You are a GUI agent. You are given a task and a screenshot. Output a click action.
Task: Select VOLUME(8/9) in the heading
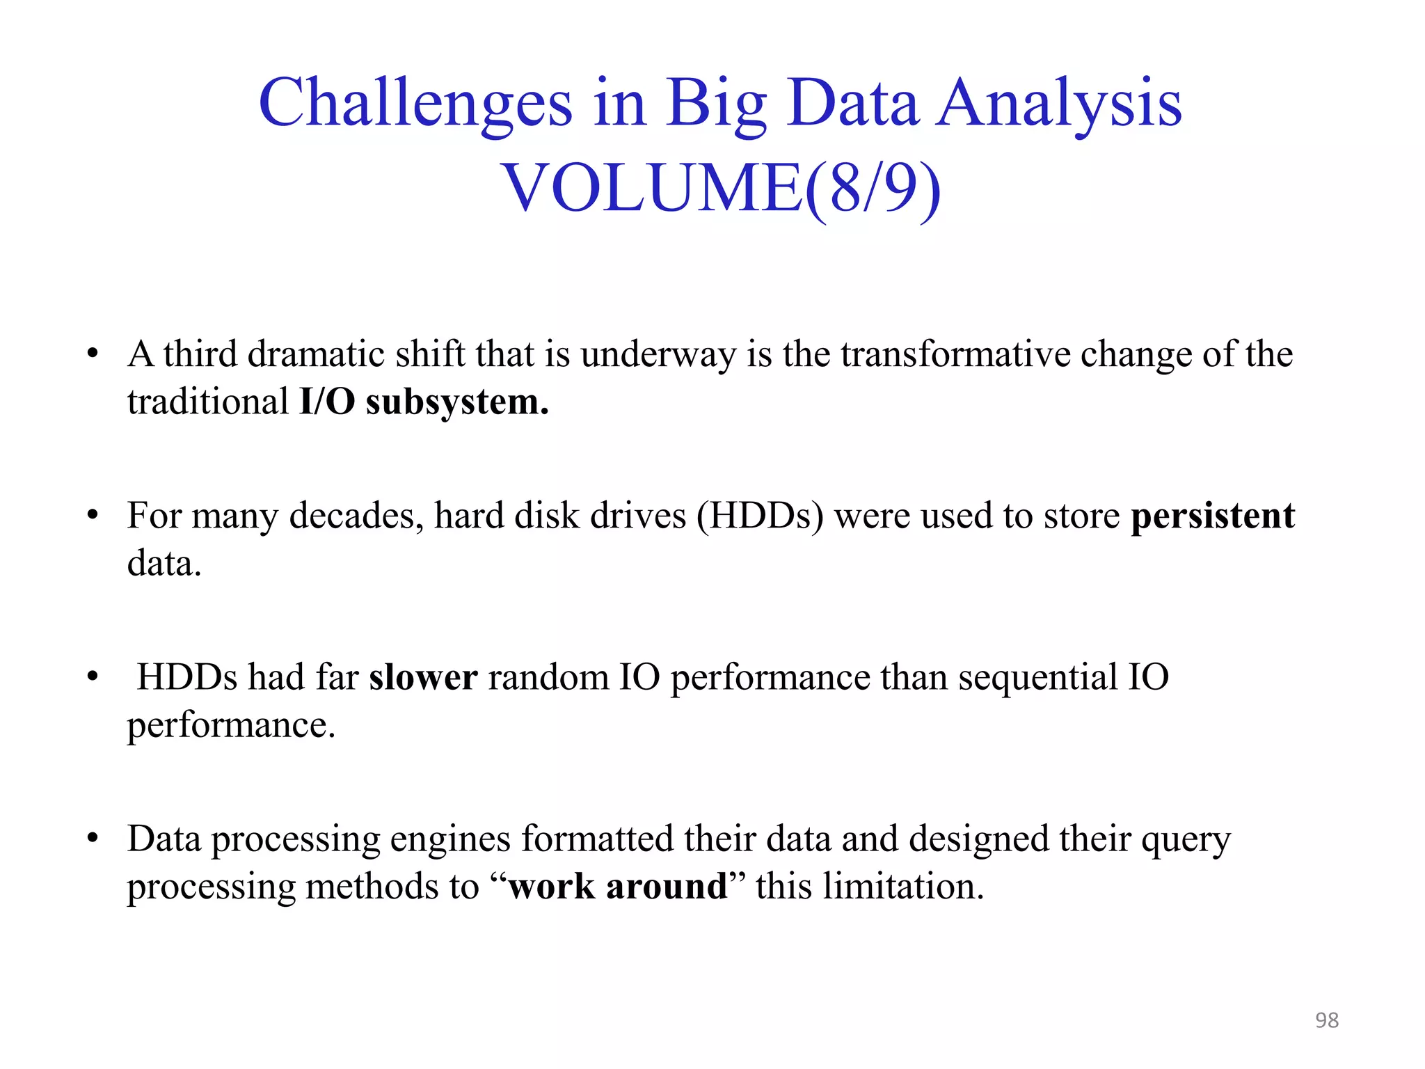721,188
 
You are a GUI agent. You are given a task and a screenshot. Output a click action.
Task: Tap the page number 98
1326,1020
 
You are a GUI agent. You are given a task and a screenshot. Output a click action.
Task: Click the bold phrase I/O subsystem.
424,402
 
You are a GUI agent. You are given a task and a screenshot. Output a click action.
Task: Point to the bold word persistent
1213,516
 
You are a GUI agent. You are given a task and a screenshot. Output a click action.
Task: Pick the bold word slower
423,678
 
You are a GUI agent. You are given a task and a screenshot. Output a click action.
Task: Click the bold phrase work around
618,887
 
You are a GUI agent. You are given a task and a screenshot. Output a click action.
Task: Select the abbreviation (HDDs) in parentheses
760,516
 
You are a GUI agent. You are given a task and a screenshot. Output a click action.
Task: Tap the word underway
658,355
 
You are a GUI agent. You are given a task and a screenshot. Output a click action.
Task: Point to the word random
548,678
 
